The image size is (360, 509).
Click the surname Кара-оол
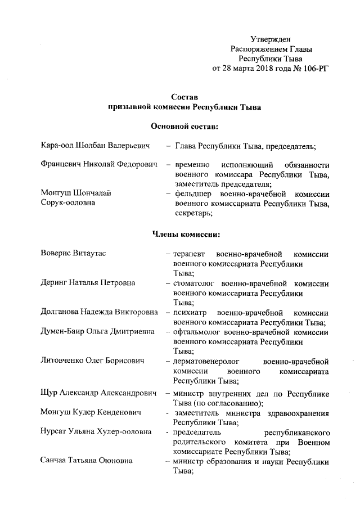click(x=57, y=146)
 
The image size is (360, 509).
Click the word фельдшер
click(x=194, y=193)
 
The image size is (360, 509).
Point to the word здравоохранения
click(x=295, y=412)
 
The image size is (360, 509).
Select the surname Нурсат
click(x=55, y=432)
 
